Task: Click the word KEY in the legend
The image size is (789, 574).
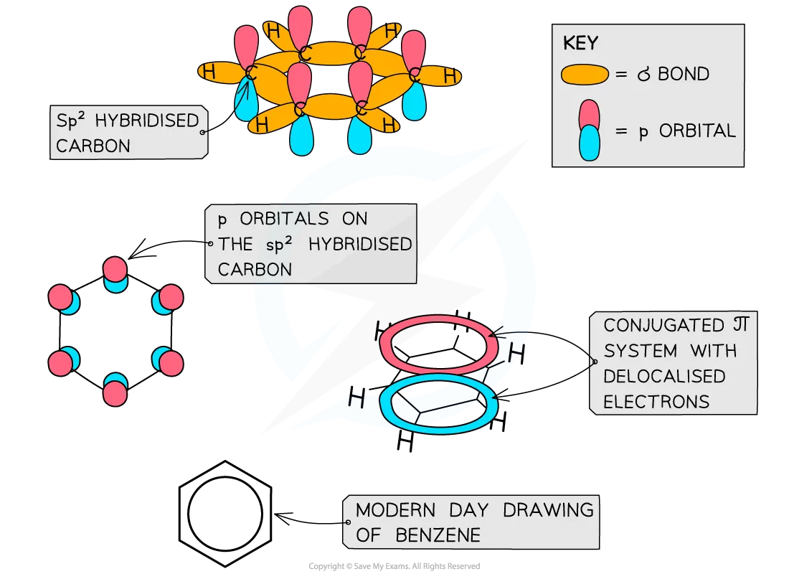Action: [580, 43]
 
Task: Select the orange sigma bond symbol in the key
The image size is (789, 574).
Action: [585, 74]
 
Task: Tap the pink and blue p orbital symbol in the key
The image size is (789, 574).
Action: [589, 130]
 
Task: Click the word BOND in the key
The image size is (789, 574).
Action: [683, 74]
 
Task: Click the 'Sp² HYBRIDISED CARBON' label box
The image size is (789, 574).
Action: [128, 133]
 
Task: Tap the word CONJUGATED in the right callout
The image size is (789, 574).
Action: [653, 325]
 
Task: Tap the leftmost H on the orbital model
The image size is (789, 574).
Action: [209, 72]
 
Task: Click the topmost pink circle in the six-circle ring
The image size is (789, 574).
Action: [114, 269]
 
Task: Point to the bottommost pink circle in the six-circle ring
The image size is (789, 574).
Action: [114, 393]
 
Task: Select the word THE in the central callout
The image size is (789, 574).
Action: [235, 244]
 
